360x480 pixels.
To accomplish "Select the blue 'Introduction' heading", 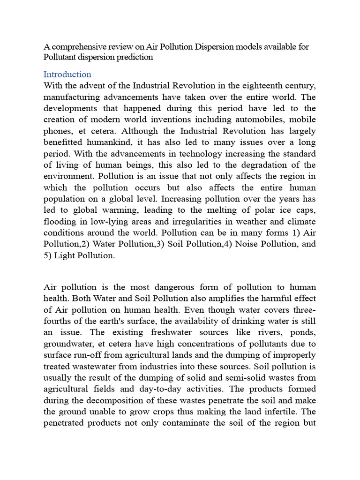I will point(67,75).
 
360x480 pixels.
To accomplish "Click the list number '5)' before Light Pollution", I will point(48,255).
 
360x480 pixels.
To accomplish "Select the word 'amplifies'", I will point(195,299).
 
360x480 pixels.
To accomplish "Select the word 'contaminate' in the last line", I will point(173,422).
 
